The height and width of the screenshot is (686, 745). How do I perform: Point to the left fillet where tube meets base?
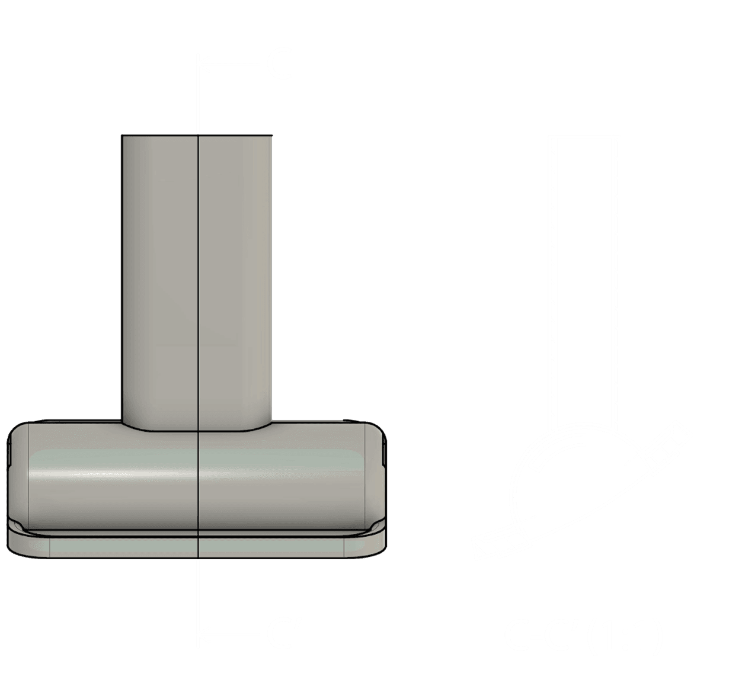128,424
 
